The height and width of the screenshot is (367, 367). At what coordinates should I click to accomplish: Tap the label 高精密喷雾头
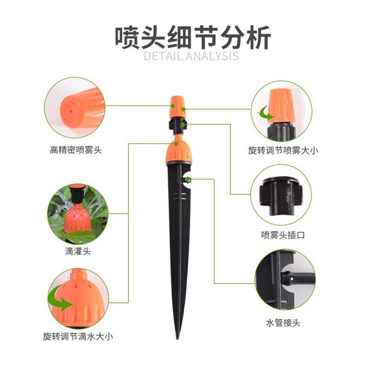point(76,150)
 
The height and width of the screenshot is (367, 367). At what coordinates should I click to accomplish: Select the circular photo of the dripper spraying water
point(77,213)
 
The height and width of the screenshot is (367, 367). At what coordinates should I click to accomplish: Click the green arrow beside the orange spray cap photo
point(264,111)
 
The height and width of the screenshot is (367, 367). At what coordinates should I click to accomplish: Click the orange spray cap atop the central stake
point(177,106)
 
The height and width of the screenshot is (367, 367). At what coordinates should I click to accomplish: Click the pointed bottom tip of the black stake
point(178,337)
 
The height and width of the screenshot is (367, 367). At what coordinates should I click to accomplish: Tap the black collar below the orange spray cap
point(177,125)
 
